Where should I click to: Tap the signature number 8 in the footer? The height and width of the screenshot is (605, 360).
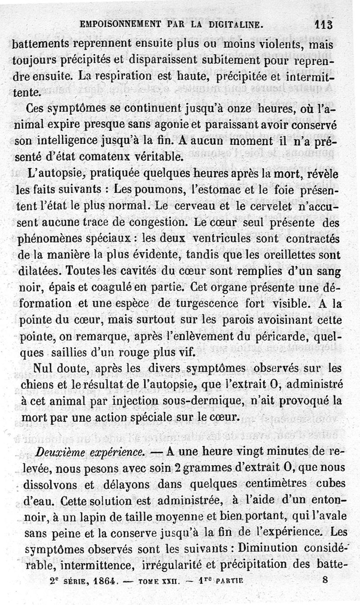(326, 580)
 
